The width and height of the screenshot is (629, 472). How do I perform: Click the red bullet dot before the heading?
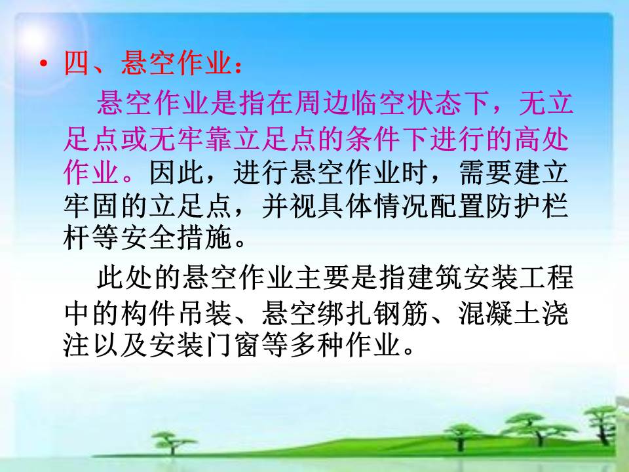click(x=43, y=64)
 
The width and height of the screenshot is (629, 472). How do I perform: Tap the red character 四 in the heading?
click(x=76, y=63)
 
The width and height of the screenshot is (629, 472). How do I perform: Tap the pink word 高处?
click(x=541, y=139)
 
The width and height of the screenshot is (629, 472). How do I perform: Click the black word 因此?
click(x=176, y=172)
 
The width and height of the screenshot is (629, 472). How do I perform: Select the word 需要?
click(x=485, y=172)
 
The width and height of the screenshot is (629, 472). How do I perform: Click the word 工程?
click(x=546, y=277)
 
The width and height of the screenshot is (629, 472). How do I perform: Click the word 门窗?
click(x=232, y=345)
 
